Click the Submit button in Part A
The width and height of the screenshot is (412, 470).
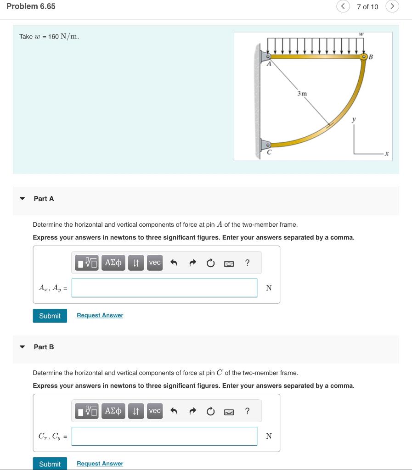pos(50,316)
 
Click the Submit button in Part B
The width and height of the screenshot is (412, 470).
pos(50,464)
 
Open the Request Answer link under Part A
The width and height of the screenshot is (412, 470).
pos(100,315)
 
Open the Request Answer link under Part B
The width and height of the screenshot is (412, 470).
pos(100,464)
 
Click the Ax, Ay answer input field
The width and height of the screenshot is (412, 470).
pos(164,288)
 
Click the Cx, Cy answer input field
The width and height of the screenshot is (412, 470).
pos(164,436)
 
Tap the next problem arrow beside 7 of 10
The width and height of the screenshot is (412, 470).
pos(392,6)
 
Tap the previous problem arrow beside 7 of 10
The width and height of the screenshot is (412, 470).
pos(343,6)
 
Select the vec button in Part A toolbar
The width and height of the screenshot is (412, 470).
pos(155,263)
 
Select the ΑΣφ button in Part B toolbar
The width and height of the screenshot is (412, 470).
pos(113,411)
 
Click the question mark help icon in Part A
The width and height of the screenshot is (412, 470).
pos(248,263)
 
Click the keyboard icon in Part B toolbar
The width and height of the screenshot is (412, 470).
pos(229,412)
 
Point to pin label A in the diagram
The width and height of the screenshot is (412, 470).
pos(270,65)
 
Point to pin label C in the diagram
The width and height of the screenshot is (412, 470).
pos(269,152)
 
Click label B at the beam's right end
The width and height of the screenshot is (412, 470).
pos(371,57)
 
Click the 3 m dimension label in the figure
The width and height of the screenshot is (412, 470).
pos(302,93)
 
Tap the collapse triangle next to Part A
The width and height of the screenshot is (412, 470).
pos(22,199)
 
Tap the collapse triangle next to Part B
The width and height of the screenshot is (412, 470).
pos(22,347)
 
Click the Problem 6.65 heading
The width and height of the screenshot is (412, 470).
pos(31,6)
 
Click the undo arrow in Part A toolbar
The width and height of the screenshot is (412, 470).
pos(174,263)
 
